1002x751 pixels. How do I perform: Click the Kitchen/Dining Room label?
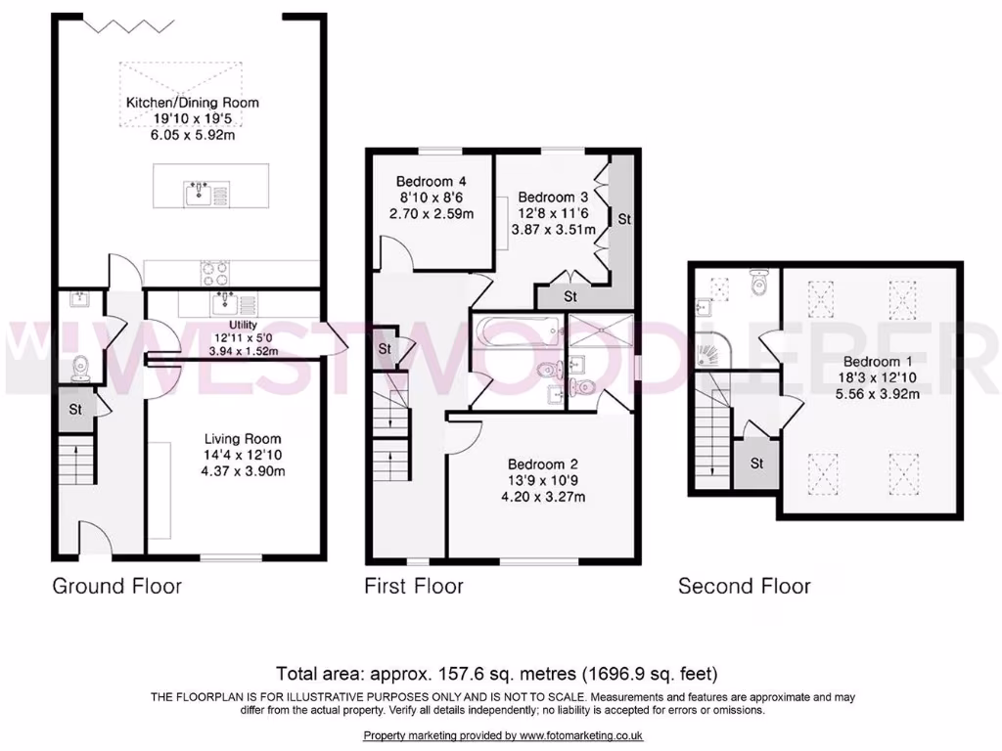click(x=192, y=102)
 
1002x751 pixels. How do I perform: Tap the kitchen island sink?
click(x=199, y=192)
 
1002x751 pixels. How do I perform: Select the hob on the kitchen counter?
click(x=215, y=271)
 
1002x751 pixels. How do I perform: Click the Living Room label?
click(x=235, y=439)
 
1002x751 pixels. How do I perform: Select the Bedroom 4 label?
click(x=431, y=181)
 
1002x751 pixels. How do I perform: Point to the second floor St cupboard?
click(x=756, y=464)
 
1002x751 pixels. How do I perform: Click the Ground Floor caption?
click(x=116, y=586)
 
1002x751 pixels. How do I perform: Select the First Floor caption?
click(x=414, y=586)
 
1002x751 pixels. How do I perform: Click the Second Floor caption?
click(x=745, y=586)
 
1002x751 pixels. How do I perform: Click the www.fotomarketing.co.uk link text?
click(x=581, y=735)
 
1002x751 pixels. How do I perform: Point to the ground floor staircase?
click(x=76, y=461)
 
